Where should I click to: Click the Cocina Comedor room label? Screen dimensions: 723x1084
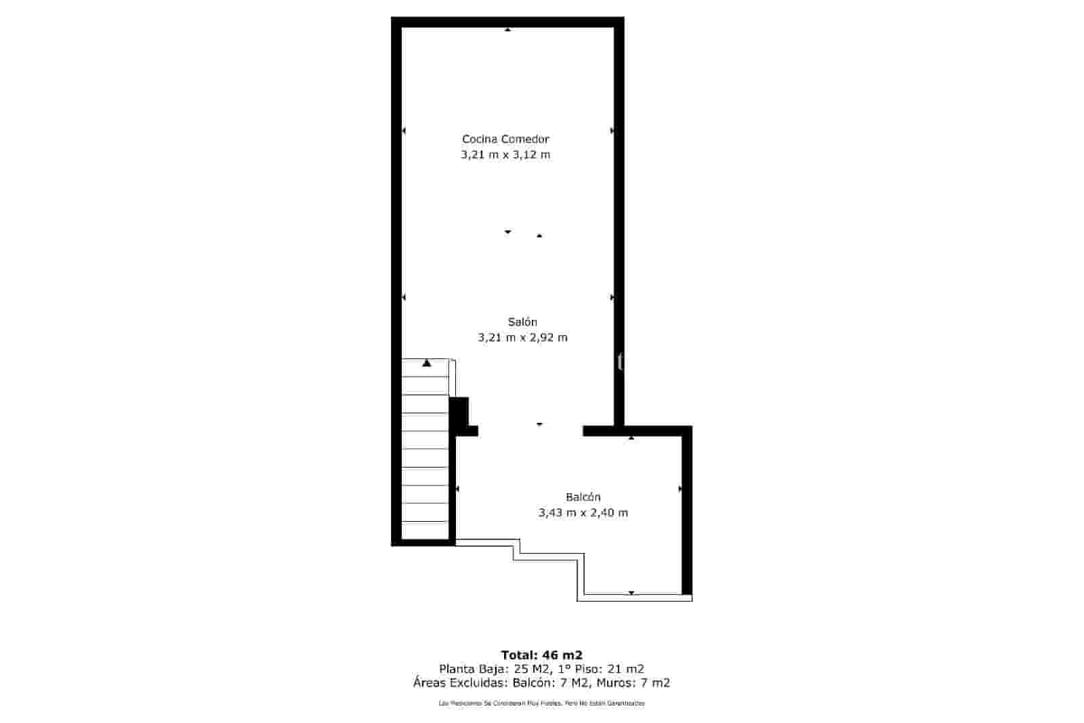tap(505, 139)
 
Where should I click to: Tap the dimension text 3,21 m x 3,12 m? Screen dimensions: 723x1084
tap(505, 154)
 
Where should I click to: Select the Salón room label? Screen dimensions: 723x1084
tap(522, 322)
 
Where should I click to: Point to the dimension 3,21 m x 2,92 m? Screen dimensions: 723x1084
tap(522, 337)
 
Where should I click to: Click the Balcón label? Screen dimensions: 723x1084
tap(583, 497)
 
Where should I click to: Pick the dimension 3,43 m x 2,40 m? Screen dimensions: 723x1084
tap(583, 513)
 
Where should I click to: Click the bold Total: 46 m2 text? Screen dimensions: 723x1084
tap(541, 655)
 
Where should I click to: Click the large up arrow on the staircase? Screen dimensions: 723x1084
tap(426, 363)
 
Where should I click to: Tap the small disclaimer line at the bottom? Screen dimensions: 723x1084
tap(541, 703)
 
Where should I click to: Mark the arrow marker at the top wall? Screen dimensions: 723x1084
tap(507, 29)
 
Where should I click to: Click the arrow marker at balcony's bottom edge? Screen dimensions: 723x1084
tap(631, 593)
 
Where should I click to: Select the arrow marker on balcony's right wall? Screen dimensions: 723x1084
tap(680, 489)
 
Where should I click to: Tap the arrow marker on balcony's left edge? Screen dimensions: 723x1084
tap(457, 489)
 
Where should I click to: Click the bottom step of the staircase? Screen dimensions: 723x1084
tap(425, 530)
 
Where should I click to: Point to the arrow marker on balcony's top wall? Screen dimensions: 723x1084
tap(631, 438)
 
